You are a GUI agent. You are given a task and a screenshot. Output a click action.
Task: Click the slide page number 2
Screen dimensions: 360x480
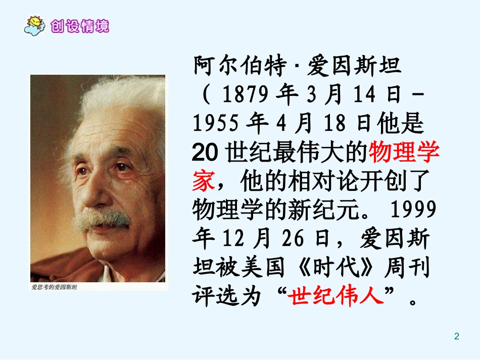click(457, 336)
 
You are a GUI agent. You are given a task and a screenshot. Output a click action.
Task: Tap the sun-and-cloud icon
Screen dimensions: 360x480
click(35, 25)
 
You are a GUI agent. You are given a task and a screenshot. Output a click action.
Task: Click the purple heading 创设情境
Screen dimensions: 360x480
click(80, 26)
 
